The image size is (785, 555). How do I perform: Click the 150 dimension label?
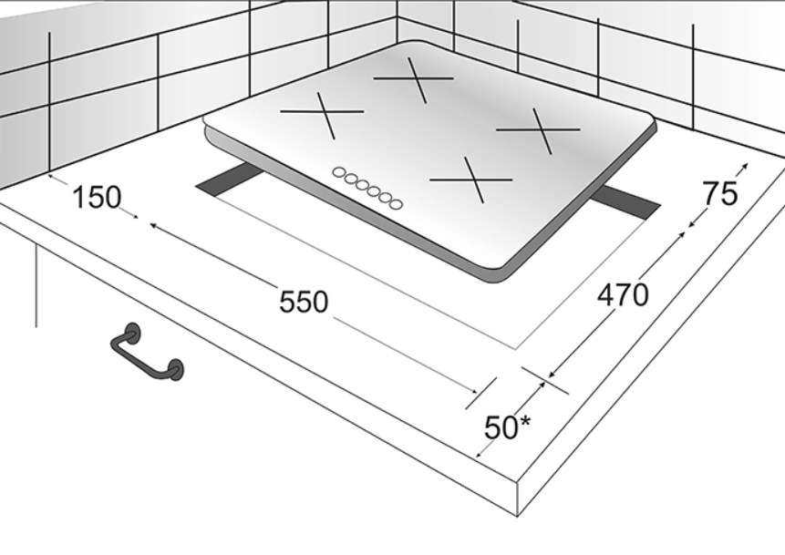click(97, 197)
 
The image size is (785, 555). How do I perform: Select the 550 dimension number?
click(304, 303)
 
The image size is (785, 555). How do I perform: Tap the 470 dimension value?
click(623, 294)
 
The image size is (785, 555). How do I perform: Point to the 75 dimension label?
click(720, 194)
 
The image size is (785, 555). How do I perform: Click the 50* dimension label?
click(508, 427)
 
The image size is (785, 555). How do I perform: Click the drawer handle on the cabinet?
click(147, 352)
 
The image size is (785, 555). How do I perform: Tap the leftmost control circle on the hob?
click(339, 172)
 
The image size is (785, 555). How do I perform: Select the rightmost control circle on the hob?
click(396, 204)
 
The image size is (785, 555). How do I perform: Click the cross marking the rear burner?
click(415, 79)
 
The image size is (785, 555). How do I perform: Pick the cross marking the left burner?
click(323, 113)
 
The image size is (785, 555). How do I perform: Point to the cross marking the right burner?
click(540, 130)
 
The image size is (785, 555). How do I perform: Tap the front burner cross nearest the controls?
click(472, 180)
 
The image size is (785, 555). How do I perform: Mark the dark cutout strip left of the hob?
click(228, 182)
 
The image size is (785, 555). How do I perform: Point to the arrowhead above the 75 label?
click(745, 167)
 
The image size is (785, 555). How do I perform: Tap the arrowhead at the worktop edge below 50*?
click(479, 454)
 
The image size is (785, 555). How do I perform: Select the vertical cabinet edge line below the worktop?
click(36, 285)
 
